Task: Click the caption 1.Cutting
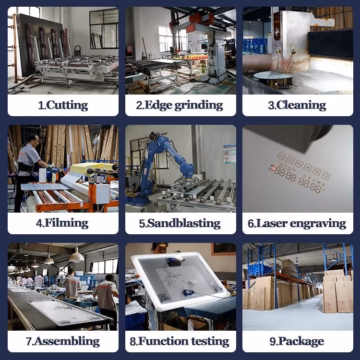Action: (63, 105)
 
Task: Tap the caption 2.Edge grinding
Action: (180, 105)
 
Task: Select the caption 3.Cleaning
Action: (297, 105)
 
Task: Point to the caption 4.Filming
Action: (62, 223)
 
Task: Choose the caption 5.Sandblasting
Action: (180, 223)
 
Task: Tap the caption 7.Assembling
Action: (63, 341)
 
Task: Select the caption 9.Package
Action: (297, 341)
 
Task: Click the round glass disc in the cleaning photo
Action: (273, 75)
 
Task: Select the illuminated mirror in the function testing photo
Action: (180, 281)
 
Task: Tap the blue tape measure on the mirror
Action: (189, 293)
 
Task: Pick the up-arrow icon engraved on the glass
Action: (281, 156)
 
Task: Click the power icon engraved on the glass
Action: (326, 175)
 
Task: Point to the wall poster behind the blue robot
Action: (229, 154)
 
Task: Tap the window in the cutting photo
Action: (104, 29)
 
